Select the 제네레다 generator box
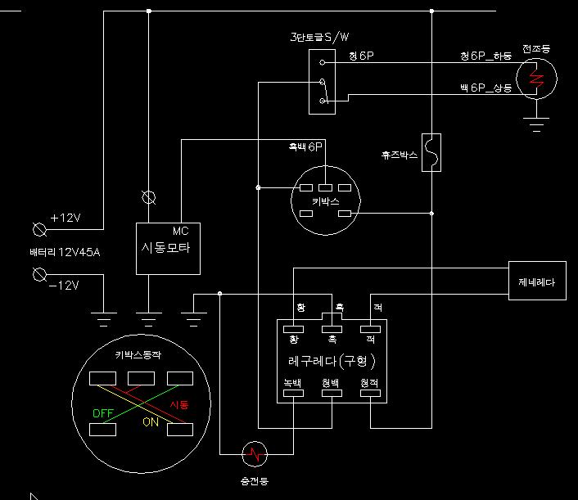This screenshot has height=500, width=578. coord(536,282)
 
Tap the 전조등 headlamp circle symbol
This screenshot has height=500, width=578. coord(537,79)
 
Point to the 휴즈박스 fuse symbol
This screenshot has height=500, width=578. coord(431,153)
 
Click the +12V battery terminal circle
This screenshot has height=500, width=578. coord(38,226)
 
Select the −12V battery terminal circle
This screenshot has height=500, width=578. coord(38,275)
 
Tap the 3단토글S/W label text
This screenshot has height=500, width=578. coord(319,38)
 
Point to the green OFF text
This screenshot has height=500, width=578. coord(102,414)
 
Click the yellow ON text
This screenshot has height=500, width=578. coord(151,422)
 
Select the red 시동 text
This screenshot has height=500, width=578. coord(179,405)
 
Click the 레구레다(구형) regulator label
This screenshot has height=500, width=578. coord(332,361)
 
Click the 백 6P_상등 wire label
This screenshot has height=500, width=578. coord(485,88)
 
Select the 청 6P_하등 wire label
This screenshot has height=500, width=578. coord(485,56)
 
